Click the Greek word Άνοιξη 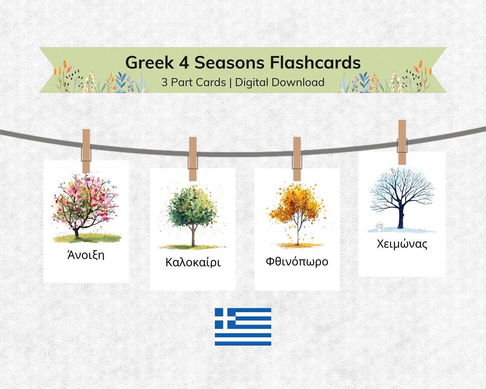click(86, 255)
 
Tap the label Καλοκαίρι click(193, 262)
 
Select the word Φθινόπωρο click(297, 261)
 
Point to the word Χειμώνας click(402, 244)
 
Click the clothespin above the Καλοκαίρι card click(193, 159)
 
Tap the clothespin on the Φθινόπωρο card click(297, 159)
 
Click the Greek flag click(243, 327)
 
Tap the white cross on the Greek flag click(225, 318)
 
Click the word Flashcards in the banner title click(315, 63)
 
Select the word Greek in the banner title click(149, 63)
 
